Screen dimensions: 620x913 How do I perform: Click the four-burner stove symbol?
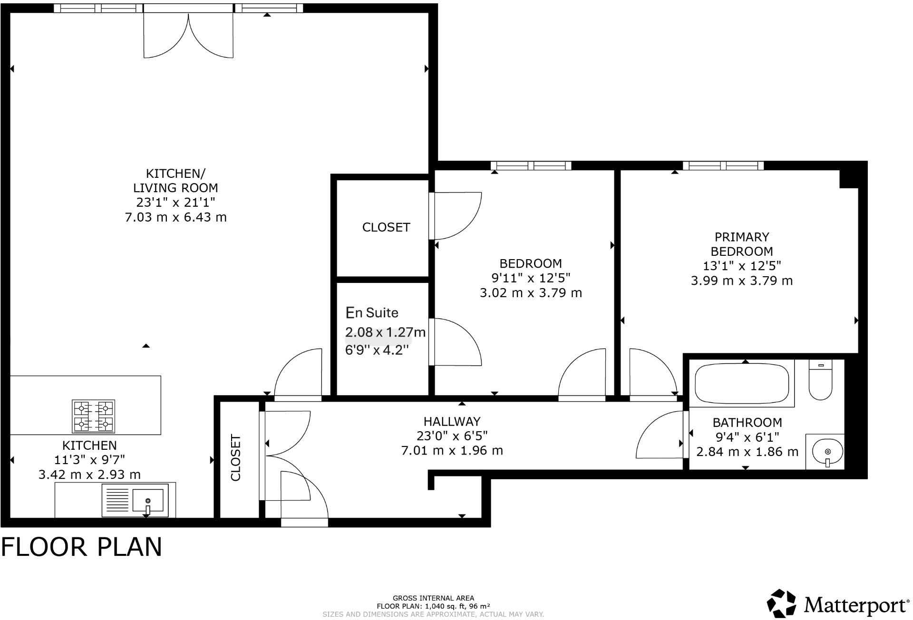click(x=93, y=416)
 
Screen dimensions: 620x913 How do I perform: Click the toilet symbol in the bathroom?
click(x=820, y=381)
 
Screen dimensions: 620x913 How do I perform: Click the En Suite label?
click(x=372, y=313)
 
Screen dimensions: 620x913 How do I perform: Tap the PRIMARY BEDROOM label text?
click(x=742, y=244)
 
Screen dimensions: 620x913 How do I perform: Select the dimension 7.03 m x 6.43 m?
click(x=175, y=217)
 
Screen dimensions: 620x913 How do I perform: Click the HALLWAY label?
click(x=452, y=421)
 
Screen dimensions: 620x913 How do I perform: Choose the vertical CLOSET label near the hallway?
click(x=236, y=458)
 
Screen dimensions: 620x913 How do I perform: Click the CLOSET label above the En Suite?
click(x=386, y=227)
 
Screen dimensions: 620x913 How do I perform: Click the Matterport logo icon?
click(x=781, y=604)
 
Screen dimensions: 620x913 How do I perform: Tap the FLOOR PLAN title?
click(x=82, y=547)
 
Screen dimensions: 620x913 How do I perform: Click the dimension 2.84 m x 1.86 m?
click(x=747, y=452)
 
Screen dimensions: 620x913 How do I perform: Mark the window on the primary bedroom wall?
click(x=723, y=165)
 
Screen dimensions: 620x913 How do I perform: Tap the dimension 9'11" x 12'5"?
click(x=531, y=278)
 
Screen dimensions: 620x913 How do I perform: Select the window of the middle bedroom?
click(x=531, y=165)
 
